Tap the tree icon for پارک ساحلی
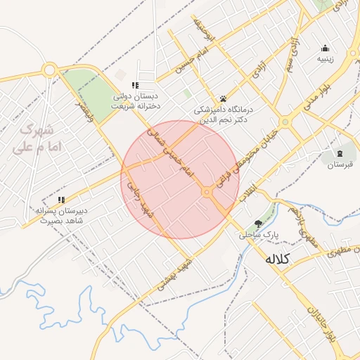click(259, 223)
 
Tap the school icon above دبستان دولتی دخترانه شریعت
click(135, 85)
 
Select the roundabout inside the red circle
click(207, 192)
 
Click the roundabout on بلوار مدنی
click(285, 122)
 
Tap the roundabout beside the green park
click(49, 70)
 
